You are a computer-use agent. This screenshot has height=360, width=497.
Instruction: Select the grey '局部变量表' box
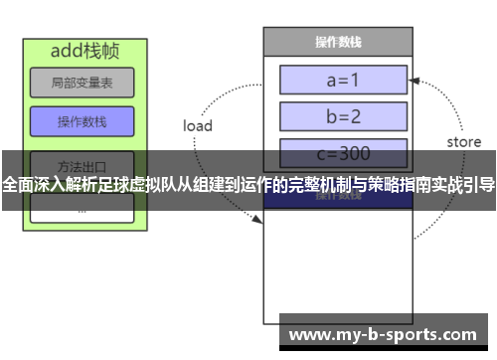point(69,82)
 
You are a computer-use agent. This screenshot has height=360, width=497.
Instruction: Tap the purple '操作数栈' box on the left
point(69,121)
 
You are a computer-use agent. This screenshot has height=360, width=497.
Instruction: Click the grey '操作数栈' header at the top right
point(337,42)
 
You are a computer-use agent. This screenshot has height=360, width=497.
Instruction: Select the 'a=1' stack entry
point(344,80)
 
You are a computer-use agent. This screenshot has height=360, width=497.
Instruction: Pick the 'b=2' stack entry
point(344,116)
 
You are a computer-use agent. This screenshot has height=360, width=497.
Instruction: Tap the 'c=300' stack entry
point(344,153)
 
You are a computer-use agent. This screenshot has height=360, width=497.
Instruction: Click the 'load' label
point(198,125)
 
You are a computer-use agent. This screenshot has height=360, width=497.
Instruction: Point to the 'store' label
point(463,141)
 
